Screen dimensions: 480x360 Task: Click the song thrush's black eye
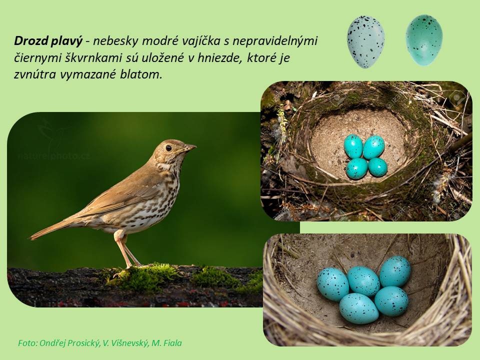(168, 148)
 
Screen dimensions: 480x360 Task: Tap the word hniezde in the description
(219, 57)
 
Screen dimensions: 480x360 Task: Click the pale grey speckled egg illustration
(365, 41)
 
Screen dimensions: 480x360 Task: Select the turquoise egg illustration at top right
(424, 40)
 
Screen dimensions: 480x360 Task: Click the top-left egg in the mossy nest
(353, 146)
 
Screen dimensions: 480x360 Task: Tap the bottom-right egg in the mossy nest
(377, 167)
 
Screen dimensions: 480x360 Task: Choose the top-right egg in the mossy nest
(374, 147)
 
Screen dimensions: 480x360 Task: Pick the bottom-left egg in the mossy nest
(356, 168)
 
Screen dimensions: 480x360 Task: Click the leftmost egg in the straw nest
(333, 284)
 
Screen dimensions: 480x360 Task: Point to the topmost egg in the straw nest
(395, 271)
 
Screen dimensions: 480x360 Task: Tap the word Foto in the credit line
(27, 343)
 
